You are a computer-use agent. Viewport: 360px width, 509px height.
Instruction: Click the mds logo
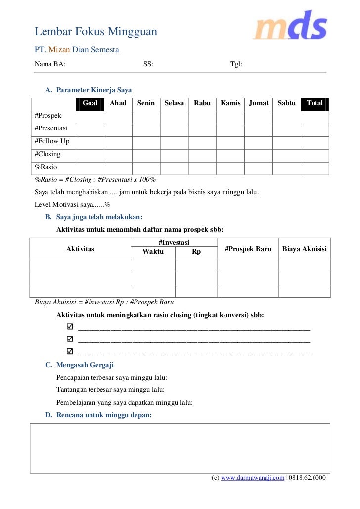pos(290,26)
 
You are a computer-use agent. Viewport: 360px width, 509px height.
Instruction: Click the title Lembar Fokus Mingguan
pos(96,32)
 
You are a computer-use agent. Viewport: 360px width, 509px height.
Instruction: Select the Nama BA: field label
pos(50,64)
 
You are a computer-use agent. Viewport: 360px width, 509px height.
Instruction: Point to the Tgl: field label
pos(236,64)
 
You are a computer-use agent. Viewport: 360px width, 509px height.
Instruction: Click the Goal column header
pos(90,103)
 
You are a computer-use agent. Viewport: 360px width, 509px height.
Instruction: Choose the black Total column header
pos(315,103)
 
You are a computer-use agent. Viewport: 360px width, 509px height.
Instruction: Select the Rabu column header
pos(202,103)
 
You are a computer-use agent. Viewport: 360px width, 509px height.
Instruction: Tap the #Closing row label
pos(47,154)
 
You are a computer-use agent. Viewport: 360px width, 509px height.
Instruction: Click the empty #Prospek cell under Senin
pos(146,117)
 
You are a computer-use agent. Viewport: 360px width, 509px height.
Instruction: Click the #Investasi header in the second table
pos(174,242)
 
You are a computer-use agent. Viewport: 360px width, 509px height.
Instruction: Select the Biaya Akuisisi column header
pos(305,249)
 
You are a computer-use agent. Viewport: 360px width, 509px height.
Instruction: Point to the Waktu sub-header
pos(153,252)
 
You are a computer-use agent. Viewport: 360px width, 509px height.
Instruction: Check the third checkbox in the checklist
pos(70,351)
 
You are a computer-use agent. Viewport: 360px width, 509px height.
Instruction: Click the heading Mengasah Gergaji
pos(85,365)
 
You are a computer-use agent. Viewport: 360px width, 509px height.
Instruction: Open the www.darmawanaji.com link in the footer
pos(253,478)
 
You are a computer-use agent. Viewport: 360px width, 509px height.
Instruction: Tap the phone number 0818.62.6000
pos(307,478)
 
